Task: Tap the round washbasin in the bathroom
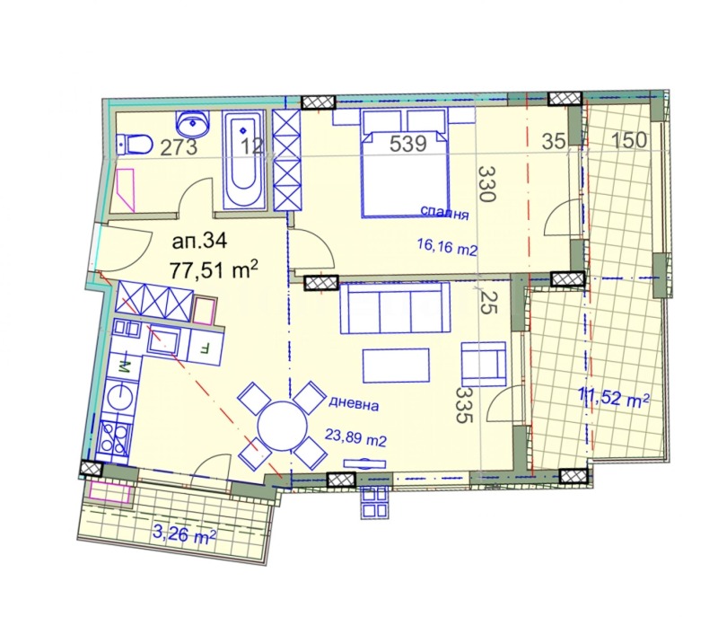(192, 122)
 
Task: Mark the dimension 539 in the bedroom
(407, 143)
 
